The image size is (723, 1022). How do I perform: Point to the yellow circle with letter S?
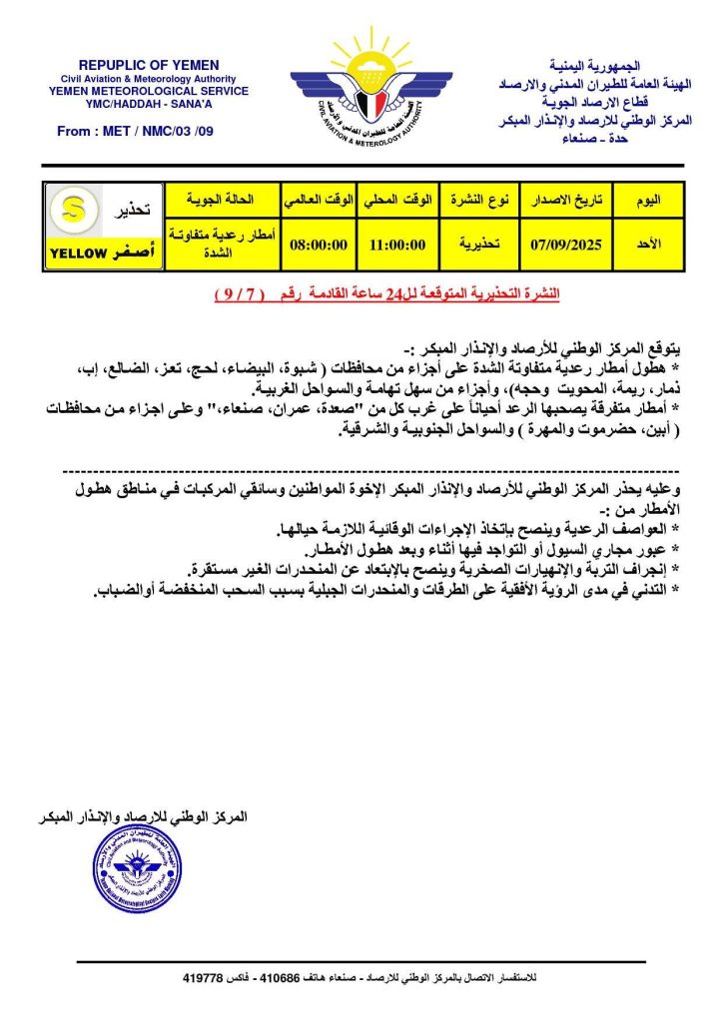73,211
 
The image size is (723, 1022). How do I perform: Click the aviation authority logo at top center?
361,85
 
